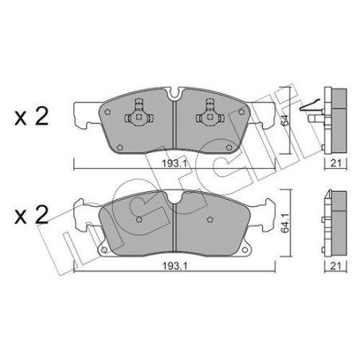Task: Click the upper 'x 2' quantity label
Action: [31, 118]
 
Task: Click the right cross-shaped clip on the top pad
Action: [211, 110]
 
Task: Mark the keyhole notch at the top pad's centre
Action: [174, 97]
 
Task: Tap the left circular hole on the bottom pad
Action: [139, 219]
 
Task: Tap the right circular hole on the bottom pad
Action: [209, 220]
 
